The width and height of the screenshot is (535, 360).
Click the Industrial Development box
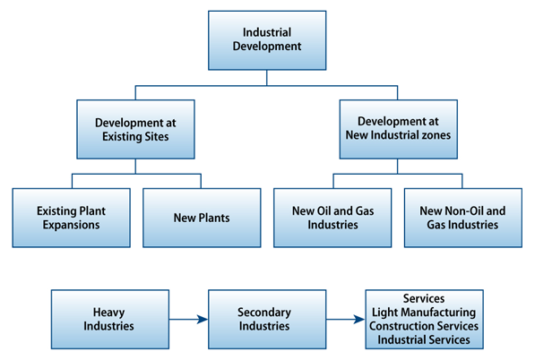[267, 40]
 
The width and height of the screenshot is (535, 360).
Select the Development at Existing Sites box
[136, 129]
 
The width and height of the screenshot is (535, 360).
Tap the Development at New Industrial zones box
[398, 129]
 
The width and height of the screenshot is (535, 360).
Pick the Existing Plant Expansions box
[72, 218]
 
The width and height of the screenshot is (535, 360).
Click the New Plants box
[202, 218]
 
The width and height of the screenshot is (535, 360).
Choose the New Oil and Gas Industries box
[332, 218]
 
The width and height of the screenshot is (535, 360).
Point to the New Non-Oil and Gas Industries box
[463, 218]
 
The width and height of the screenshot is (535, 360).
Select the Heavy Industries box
[110, 320]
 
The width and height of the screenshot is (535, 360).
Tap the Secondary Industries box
[267, 320]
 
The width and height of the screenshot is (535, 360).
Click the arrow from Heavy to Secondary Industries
[189, 320]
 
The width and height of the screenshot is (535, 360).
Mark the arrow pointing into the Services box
[346, 320]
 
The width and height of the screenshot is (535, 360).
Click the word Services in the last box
[424, 298]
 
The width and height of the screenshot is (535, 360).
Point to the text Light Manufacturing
[424, 313]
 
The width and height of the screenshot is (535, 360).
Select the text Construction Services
[424, 326]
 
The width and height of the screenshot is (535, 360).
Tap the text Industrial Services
[424, 340]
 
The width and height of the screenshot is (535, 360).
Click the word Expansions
[72, 225]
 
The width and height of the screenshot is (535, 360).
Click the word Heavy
[108, 313]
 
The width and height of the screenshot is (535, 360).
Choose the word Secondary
[264, 313]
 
